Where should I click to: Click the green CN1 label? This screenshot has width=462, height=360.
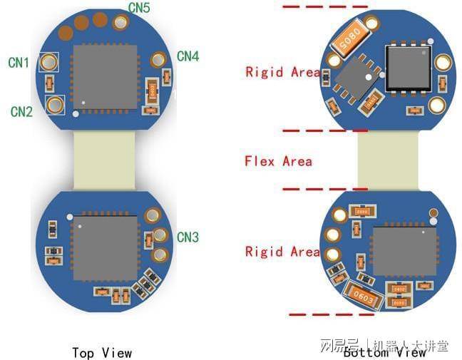(19, 63)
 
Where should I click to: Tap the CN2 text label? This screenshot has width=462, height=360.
(21, 112)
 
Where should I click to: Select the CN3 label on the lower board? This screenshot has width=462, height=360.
(188, 237)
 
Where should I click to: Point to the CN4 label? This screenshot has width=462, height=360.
(188, 56)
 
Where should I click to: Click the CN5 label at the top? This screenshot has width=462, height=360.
(139, 8)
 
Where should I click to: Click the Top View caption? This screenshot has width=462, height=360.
(102, 352)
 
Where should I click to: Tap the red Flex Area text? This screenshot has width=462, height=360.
(278, 161)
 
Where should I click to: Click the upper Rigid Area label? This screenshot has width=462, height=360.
(282, 72)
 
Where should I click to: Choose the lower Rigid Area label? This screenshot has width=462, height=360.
(282, 252)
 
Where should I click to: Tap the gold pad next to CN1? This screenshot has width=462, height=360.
(48, 63)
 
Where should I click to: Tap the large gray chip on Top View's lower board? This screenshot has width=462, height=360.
(106, 248)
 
